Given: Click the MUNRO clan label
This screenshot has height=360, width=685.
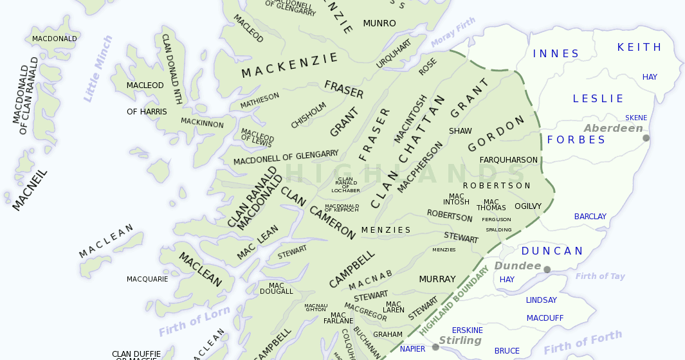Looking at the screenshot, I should [x=379, y=24].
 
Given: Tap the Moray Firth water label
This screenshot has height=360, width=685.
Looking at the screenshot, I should [x=453, y=33].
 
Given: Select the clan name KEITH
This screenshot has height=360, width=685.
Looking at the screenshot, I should [x=639, y=47].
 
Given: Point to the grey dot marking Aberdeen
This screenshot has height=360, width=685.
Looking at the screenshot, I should [x=646, y=138].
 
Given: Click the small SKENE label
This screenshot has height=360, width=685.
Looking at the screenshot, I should [x=636, y=118].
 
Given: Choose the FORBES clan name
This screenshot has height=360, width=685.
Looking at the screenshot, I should [x=576, y=139].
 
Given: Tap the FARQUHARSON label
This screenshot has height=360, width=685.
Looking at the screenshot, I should [x=509, y=159].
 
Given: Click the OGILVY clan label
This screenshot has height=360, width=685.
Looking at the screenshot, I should [x=528, y=206].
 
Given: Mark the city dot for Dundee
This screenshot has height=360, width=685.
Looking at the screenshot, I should [x=547, y=269].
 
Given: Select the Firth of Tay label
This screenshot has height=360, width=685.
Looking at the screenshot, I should [x=600, y=276].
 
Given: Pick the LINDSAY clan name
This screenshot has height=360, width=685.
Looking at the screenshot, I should [x=542, y=300].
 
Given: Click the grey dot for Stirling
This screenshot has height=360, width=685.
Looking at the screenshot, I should [x=435, y=347].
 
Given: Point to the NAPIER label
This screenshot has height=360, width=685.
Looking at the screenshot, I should [x=412, y=349].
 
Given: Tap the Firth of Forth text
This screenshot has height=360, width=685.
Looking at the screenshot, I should [x=583, y=343].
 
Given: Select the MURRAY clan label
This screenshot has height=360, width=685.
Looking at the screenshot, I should [x=437, y=279].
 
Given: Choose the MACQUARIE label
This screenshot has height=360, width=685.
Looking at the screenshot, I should [x=147, y=279].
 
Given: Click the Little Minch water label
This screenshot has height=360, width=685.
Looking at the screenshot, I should [x=97, y=69].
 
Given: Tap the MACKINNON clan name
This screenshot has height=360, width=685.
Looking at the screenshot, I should [x=202, y=123].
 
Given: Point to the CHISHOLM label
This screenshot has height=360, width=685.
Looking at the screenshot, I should [x=309, y=114].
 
